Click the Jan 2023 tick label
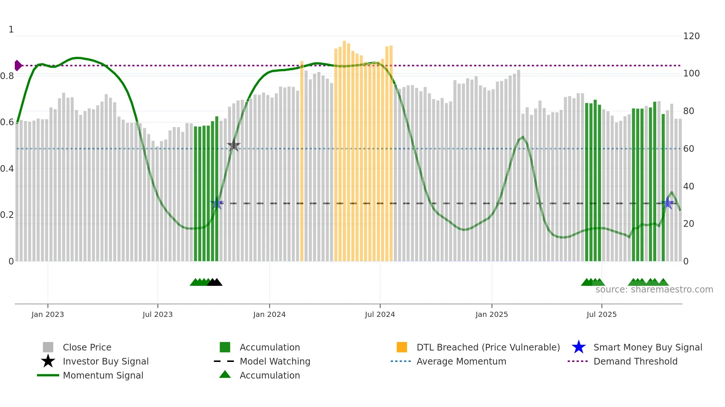(x=48, y=314)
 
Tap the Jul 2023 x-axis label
(x=158, y=314)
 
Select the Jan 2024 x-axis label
(x=269, y=314)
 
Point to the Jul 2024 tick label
(x=380, y=314)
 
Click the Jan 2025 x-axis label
(x=492, y=314)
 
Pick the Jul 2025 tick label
(x=601, y=314)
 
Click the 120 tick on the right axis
(x=691, y=36)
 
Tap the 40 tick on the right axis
(x=688, y=187)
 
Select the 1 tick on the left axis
(x=11, y=30)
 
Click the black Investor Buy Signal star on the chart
(x=233, y=146)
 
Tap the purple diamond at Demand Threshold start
(x=17, y=65)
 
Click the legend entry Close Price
(x=87, y=347)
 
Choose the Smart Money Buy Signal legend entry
(x=648, y=347)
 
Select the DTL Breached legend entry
(x=488, y=347)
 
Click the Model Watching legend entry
(x=275, y=361)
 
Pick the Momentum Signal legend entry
(x=103, y=375)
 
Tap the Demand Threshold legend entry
(x=635, y=361)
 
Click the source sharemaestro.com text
(x=654, y=290)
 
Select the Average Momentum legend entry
(x=461, y=361)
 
